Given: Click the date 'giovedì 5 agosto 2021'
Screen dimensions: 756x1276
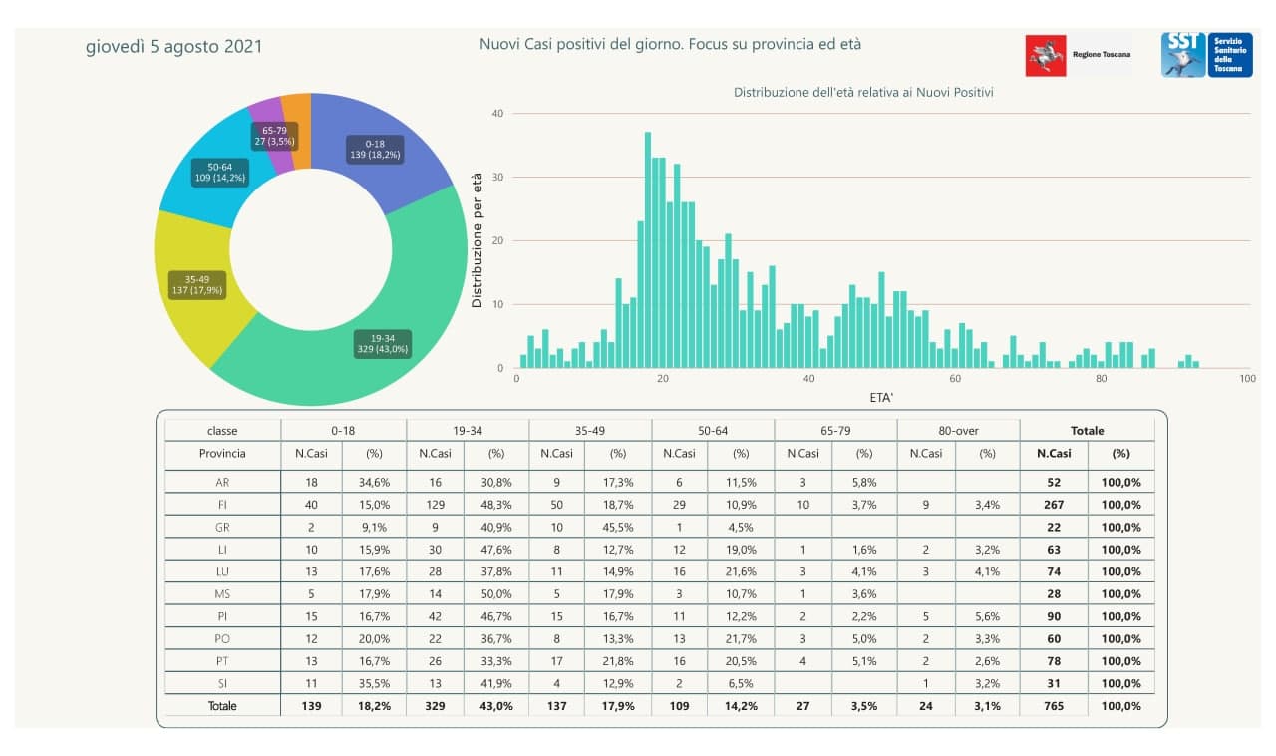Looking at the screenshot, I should point(173,46).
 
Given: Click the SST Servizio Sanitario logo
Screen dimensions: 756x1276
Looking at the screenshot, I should point(1206,55).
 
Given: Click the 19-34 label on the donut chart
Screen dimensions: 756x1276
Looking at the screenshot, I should point(383,343).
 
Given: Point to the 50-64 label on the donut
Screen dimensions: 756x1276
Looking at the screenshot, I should point(220,172).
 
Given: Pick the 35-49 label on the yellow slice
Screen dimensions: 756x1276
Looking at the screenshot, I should point(197,284).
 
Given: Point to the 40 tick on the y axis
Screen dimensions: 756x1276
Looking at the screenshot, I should point(497,114).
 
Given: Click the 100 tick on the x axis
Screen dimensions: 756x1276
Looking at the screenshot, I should point(1246,379).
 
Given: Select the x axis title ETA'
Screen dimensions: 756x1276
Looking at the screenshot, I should point(880,398).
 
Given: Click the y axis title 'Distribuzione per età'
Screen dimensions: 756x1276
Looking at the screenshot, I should point(478,239).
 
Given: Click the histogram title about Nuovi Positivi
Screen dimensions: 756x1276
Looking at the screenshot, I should point(863,92).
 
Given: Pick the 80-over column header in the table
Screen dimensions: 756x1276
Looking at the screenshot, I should point(958,431).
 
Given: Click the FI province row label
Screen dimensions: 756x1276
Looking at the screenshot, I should point(222,504).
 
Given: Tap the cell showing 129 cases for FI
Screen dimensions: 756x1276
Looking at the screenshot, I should point(435,504).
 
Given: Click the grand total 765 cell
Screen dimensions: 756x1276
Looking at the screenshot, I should point(1054,705).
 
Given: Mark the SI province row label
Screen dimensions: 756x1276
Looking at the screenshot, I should point(222,683).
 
